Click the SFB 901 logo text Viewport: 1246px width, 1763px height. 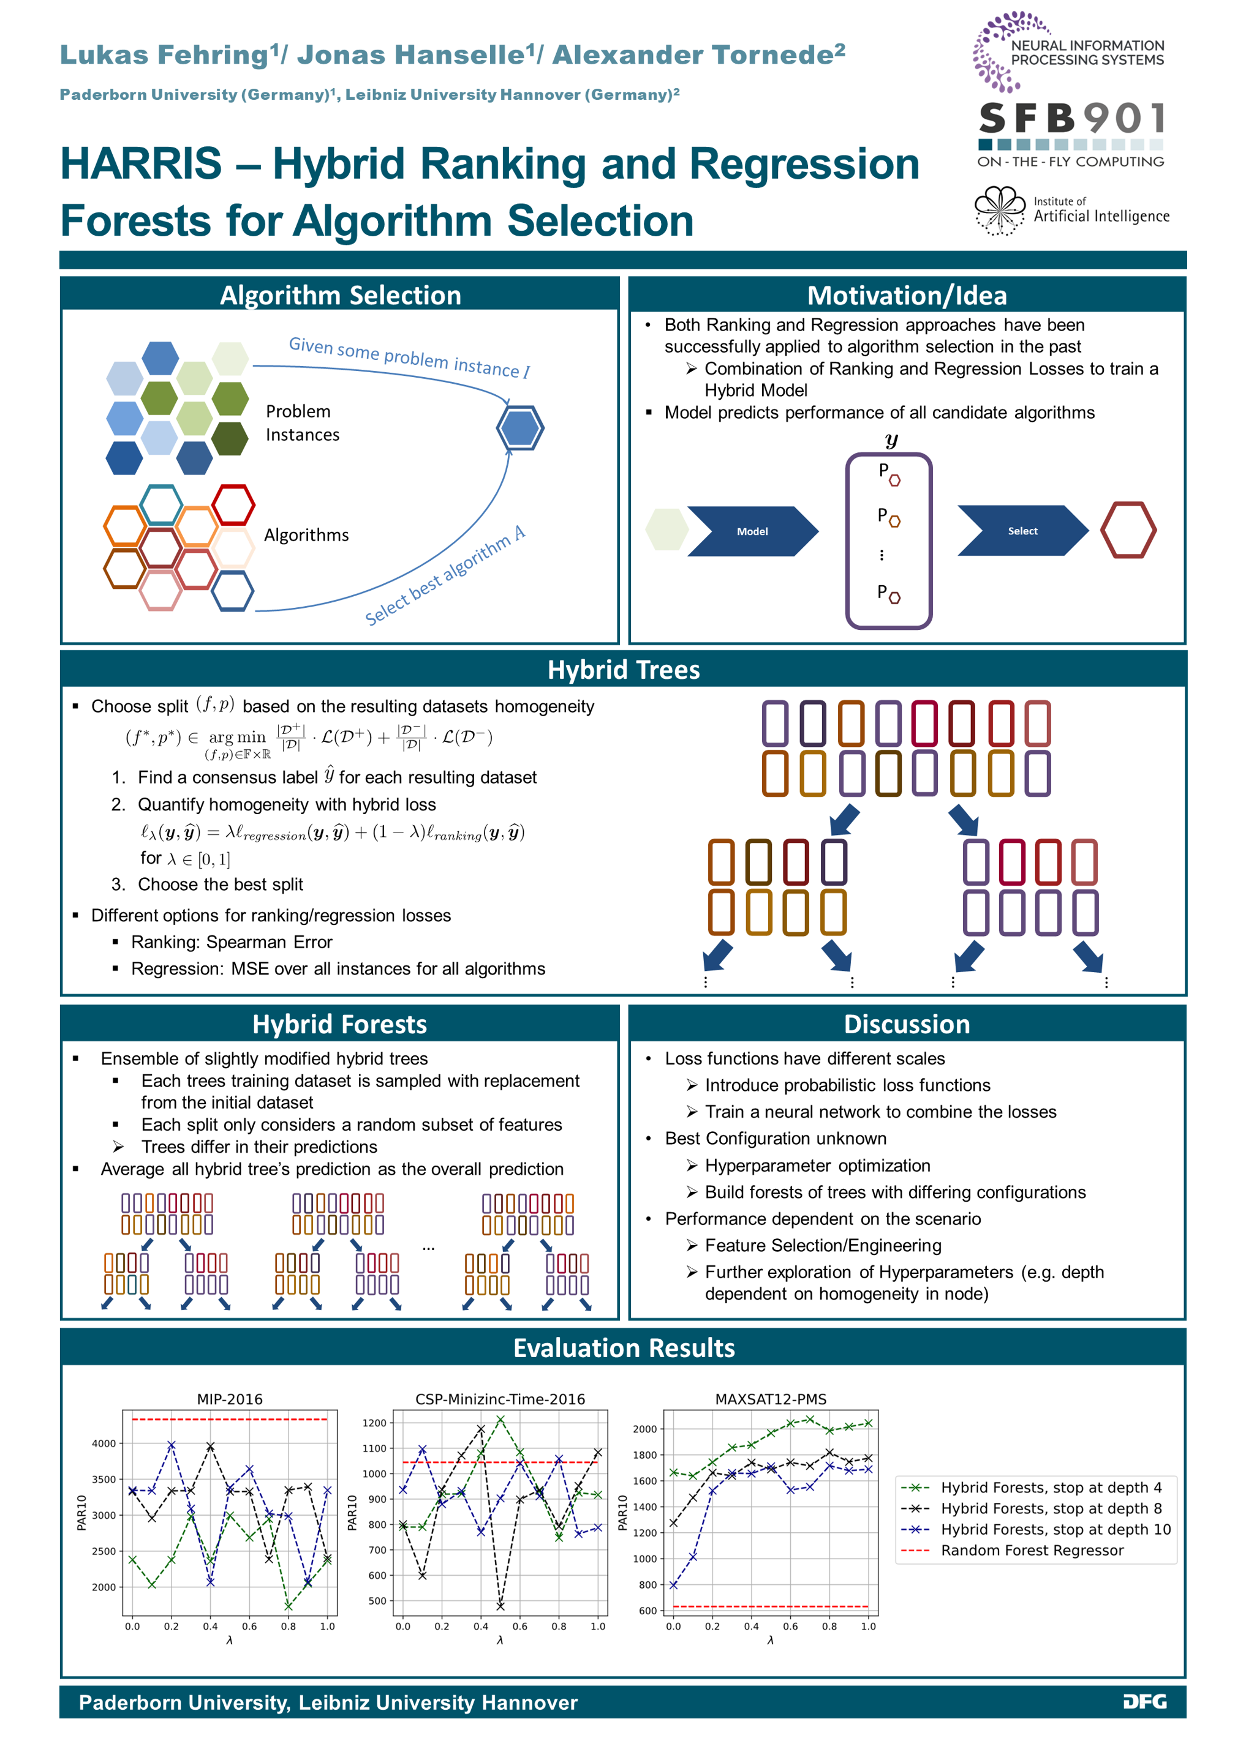1071,119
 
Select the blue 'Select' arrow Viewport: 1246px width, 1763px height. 1022,531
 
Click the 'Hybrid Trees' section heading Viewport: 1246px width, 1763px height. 623,670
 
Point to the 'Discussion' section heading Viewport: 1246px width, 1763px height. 907,1024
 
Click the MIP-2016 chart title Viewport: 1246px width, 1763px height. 230,1399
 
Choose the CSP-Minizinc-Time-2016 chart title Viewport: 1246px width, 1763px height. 500,1399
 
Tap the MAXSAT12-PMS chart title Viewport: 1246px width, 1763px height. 771,1399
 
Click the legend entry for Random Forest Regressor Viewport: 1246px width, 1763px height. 1032,1551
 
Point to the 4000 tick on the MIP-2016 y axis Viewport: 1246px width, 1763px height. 104,1443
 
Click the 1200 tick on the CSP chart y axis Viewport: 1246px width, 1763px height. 374,1423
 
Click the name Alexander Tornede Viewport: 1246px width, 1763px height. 693,55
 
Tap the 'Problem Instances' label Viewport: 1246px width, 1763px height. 302,423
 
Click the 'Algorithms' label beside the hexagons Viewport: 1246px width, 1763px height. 306,535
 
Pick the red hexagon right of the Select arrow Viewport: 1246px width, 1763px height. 1128,530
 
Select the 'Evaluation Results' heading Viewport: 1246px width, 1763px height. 623,1349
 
